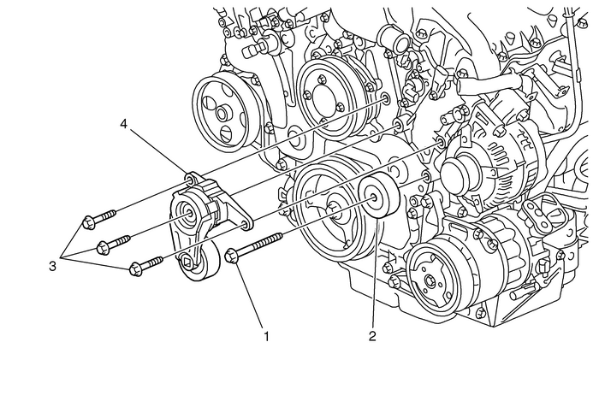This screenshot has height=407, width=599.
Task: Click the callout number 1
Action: point(266,336)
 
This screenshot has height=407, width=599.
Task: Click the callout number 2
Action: point(372,336)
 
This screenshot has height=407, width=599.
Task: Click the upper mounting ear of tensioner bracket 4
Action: point(190,180)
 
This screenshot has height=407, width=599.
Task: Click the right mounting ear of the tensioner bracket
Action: point(246,224)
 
